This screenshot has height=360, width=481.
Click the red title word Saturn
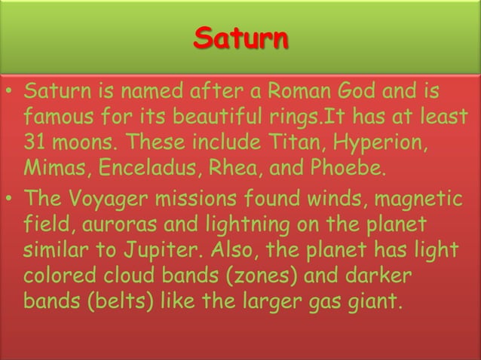click(240, 37)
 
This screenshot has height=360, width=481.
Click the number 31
click(37, 142)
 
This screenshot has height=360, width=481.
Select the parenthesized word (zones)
click(253, 274)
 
